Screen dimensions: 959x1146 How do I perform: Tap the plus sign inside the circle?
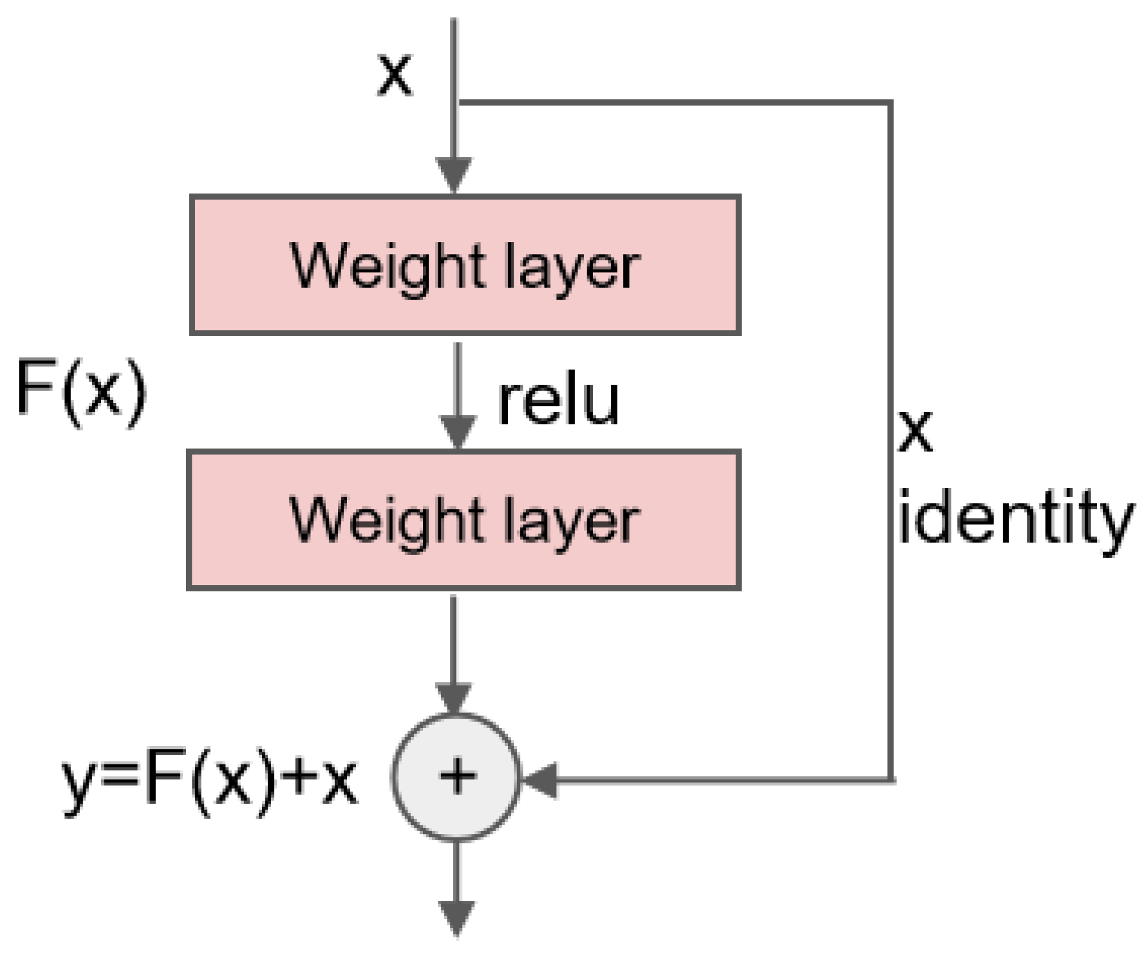(x=457, y=776)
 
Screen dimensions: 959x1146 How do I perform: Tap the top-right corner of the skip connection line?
(x=890, y=103)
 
